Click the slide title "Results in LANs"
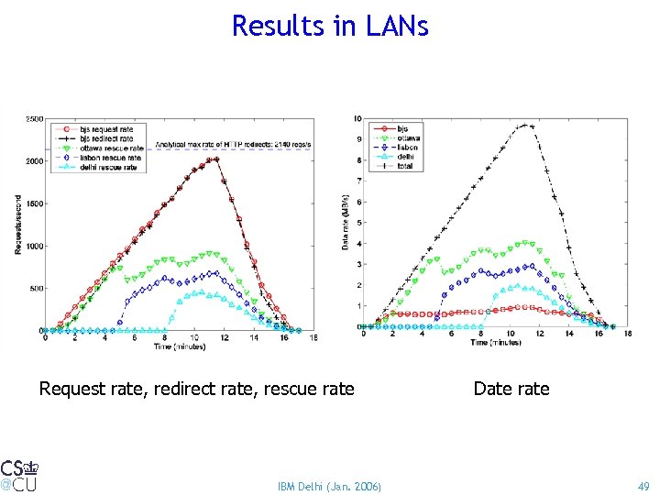(x=330, y=26)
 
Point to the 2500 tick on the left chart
(x=33, y=119)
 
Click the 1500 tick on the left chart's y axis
(x=33, y=203)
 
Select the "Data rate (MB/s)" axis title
(x=346, y=225)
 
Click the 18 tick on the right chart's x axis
(x=628, y=333)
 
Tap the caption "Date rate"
(x=511, y=389)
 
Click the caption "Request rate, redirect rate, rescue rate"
(x=196, y=389)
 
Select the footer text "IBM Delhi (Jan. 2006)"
(x=329, y=484)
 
